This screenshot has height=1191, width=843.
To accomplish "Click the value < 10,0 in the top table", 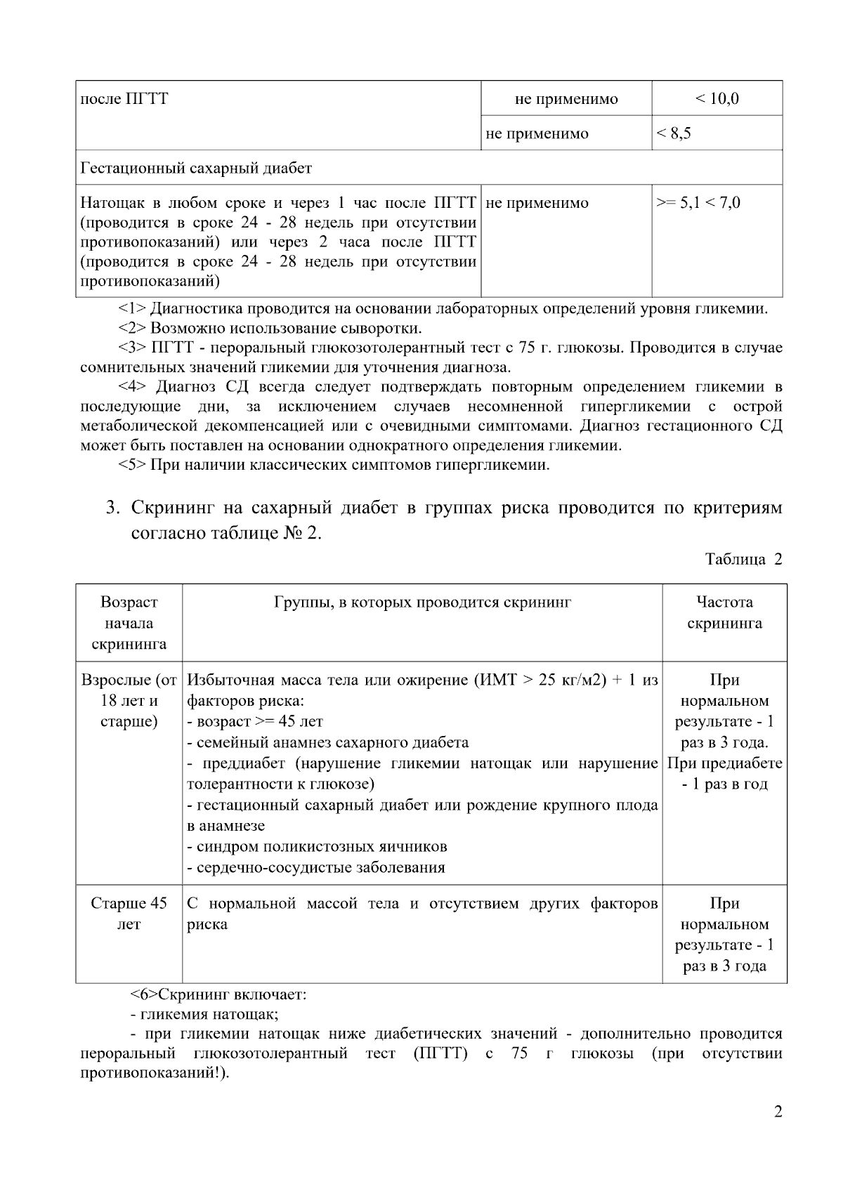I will (x=717, y=99).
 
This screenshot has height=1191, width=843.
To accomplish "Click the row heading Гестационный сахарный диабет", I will (x=196, y=169).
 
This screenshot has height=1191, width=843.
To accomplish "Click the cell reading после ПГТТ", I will (x=124, y=99).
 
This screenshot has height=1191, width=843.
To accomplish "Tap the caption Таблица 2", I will (x=743, y=560).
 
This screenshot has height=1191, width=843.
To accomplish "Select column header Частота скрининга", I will (x=724, y=612).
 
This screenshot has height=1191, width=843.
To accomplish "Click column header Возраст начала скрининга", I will (x=129, y=623).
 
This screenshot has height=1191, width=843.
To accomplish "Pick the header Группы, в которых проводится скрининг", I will (x=422, y=603).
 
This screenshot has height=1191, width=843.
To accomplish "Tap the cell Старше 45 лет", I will (x=129, y=914).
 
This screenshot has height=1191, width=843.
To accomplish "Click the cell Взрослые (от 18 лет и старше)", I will (x=129, y=701).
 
